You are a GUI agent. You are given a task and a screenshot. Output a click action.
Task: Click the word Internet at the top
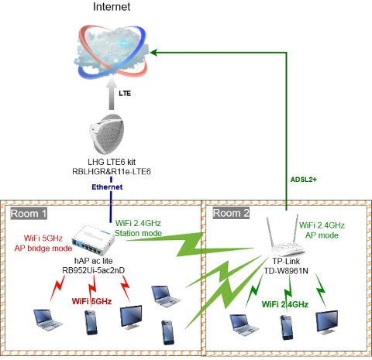point(112,8)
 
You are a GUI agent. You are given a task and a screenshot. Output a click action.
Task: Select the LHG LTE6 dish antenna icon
point(111,134)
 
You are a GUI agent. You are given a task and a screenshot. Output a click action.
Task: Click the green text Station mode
point(138,233)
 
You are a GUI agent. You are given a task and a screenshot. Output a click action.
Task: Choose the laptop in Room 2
point(243,324)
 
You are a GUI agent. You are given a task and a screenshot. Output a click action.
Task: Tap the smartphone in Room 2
point(286,326)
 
